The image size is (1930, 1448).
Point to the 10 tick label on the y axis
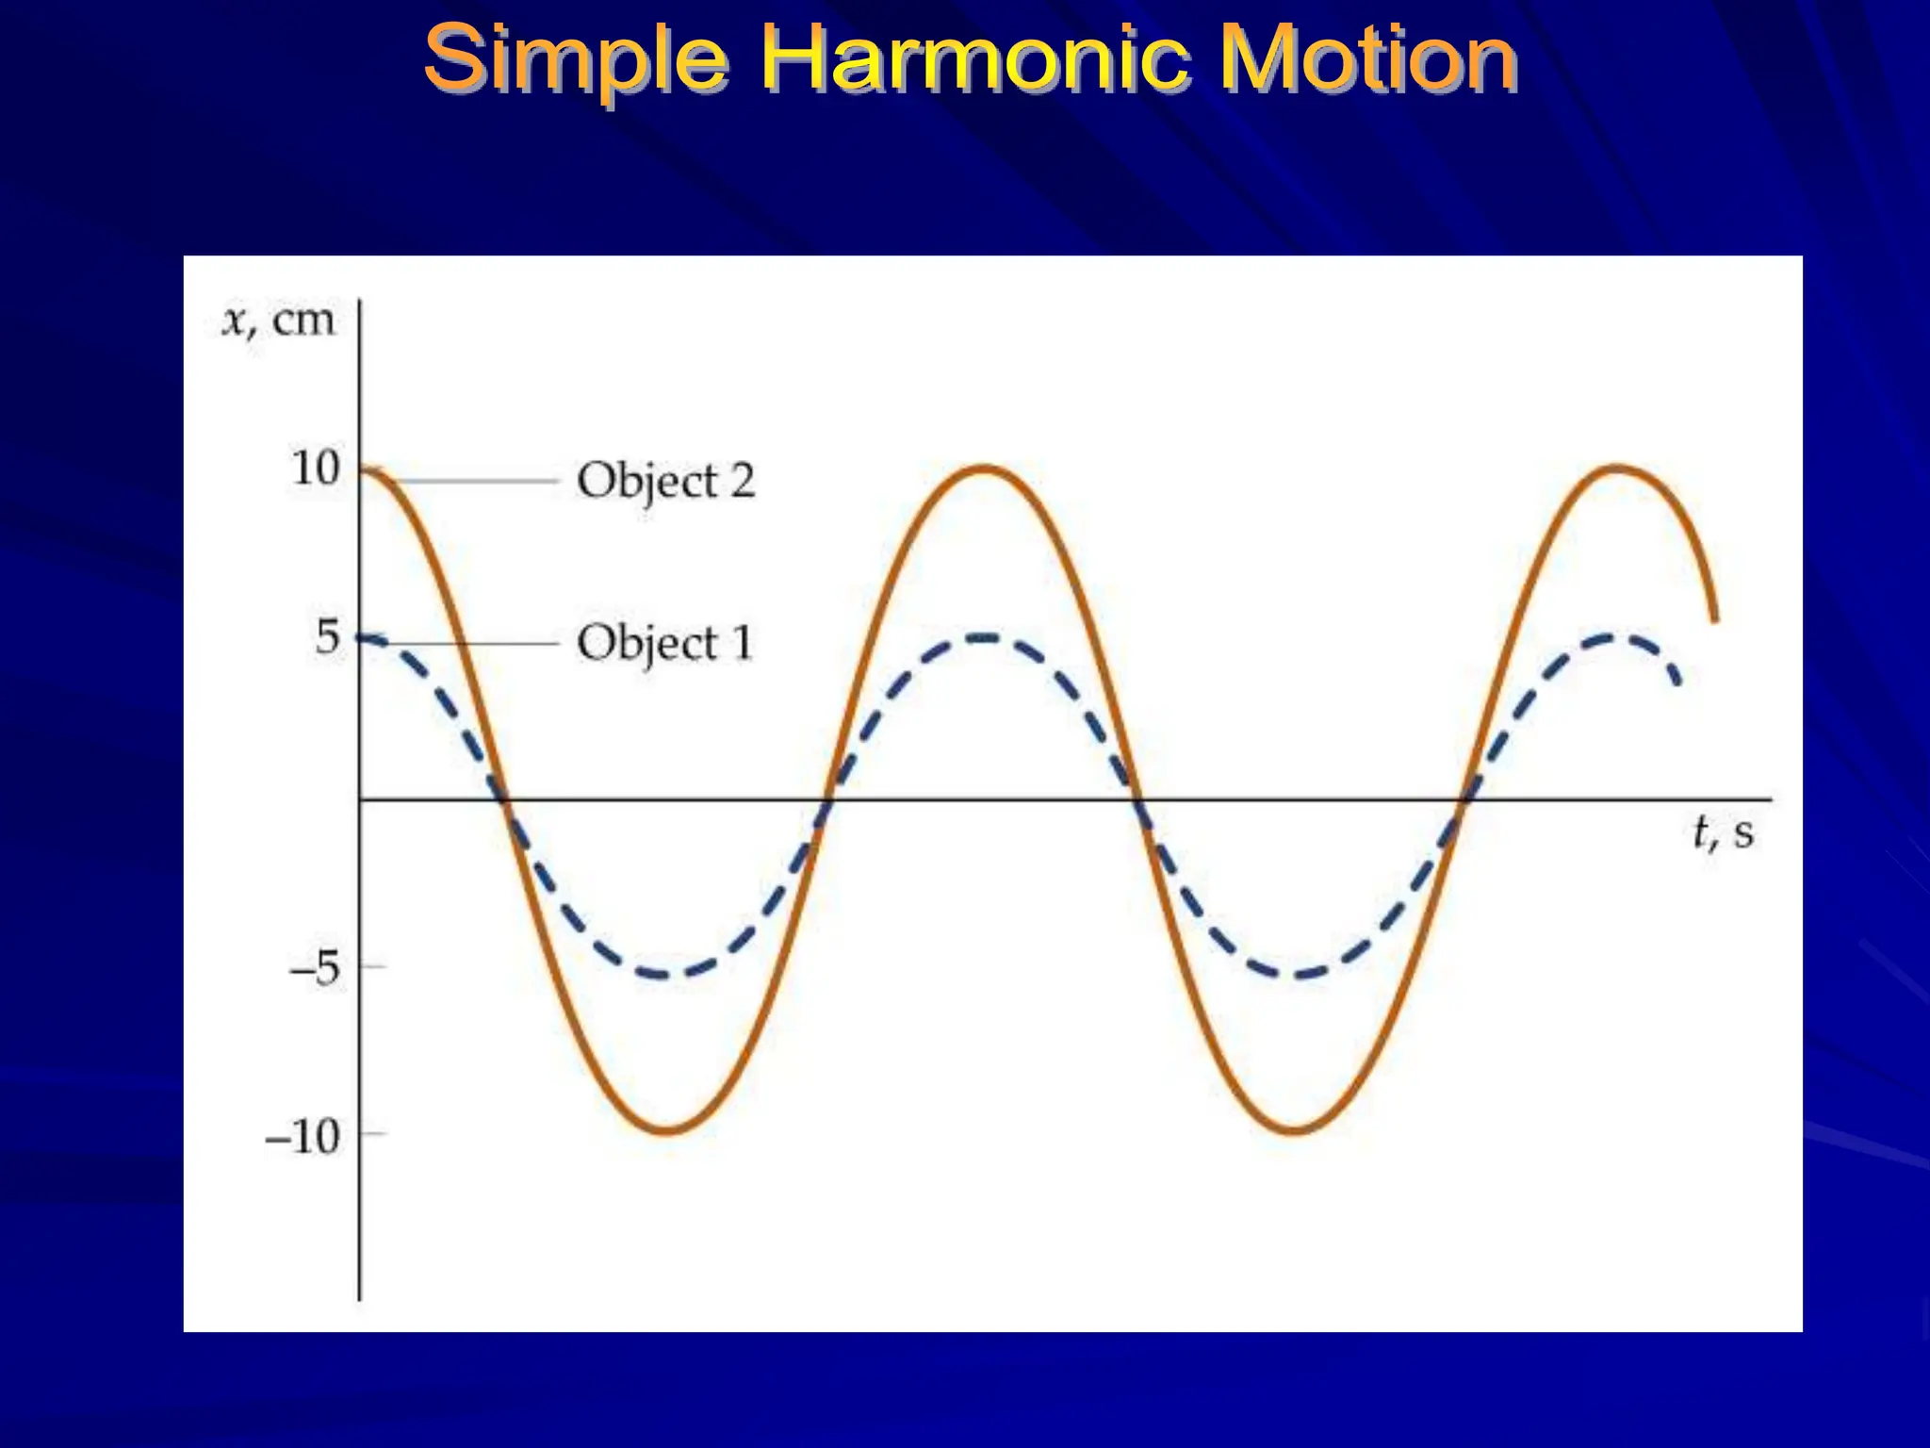coord(315,469)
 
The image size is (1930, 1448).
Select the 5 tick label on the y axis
coord(327,636)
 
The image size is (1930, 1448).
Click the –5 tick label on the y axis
coord(315,968)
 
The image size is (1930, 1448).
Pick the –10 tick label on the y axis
coord(303,1136)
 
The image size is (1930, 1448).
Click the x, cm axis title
coord(278,321)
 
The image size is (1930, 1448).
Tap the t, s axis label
coord(1723,832)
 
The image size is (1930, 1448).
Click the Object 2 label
coord(665,481)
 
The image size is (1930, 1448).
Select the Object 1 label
coord(665,644)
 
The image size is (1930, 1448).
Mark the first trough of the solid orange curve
coord(666,1129)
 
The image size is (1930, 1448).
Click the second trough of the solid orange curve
coord(1296,1129)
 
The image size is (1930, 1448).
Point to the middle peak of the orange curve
coord(983,469)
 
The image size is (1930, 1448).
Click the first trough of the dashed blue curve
coord(666,975)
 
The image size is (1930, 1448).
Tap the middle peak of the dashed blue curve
coord(983,638)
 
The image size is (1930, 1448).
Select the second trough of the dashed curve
coord(1298,975)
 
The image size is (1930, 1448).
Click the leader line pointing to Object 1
coord(490,644)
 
